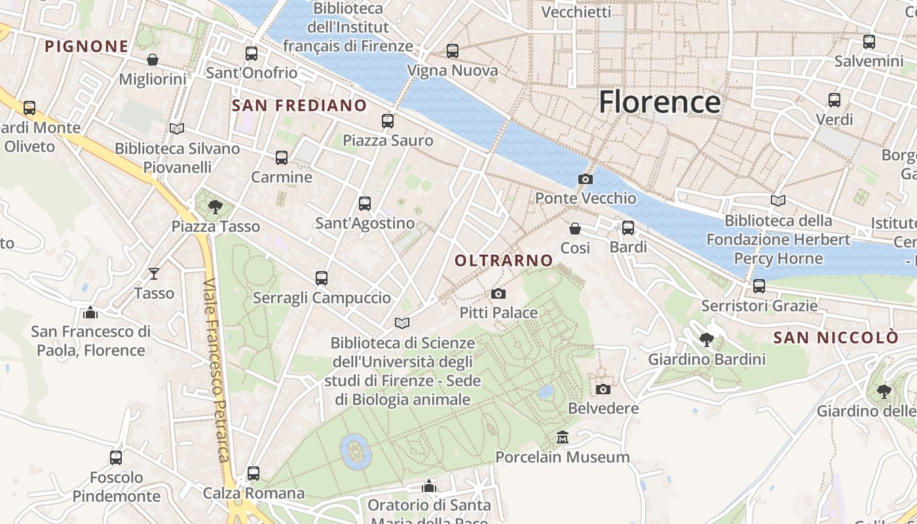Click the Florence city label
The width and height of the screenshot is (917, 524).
click(660, 102)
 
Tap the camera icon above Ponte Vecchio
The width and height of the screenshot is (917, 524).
click(585, 179)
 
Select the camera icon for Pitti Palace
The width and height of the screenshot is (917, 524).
click(498, 293)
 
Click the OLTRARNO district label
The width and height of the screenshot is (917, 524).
click(504, 261)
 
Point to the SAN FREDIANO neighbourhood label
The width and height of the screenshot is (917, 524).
click(299, 105)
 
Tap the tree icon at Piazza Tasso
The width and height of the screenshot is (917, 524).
click(214, 208)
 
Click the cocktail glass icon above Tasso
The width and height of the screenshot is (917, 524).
click(154, 274)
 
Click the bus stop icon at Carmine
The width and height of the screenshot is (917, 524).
click(282, 158)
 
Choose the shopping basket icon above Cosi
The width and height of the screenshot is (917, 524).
click(575, 229)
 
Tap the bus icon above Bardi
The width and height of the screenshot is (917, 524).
click(628, 228)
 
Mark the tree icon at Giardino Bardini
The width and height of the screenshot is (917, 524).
click(707, 340)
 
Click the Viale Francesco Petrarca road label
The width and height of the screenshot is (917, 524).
click(217, 370)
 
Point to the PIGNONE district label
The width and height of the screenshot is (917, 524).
click(86, 47)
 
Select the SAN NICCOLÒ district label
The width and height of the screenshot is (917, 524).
click(836, 338)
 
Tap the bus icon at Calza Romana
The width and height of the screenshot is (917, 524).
click(253, 474)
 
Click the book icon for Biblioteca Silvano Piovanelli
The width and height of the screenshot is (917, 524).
click(177, 128)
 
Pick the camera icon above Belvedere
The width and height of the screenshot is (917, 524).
click(603, 390)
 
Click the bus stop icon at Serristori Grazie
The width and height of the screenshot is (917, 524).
click(759, 286)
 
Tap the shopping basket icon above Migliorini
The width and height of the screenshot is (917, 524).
click(153, 60)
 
